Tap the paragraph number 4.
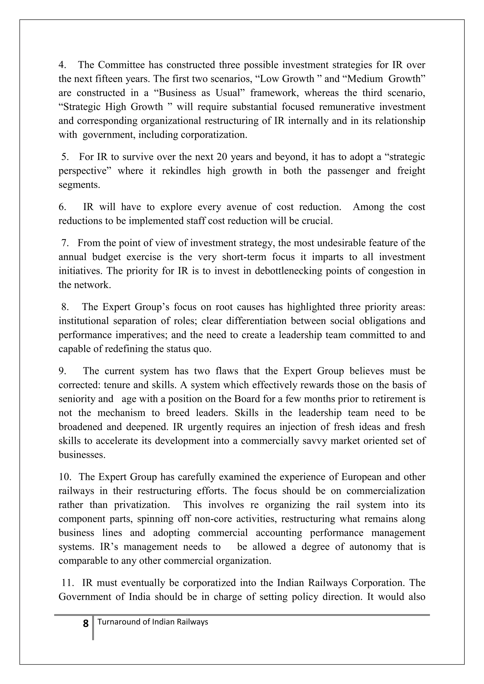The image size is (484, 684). point(62,65)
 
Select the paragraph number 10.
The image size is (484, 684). point(65,477)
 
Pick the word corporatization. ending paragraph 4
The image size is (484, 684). point(214,135)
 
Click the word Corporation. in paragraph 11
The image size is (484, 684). point(378,583)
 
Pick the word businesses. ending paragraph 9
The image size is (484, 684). point(82,455)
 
